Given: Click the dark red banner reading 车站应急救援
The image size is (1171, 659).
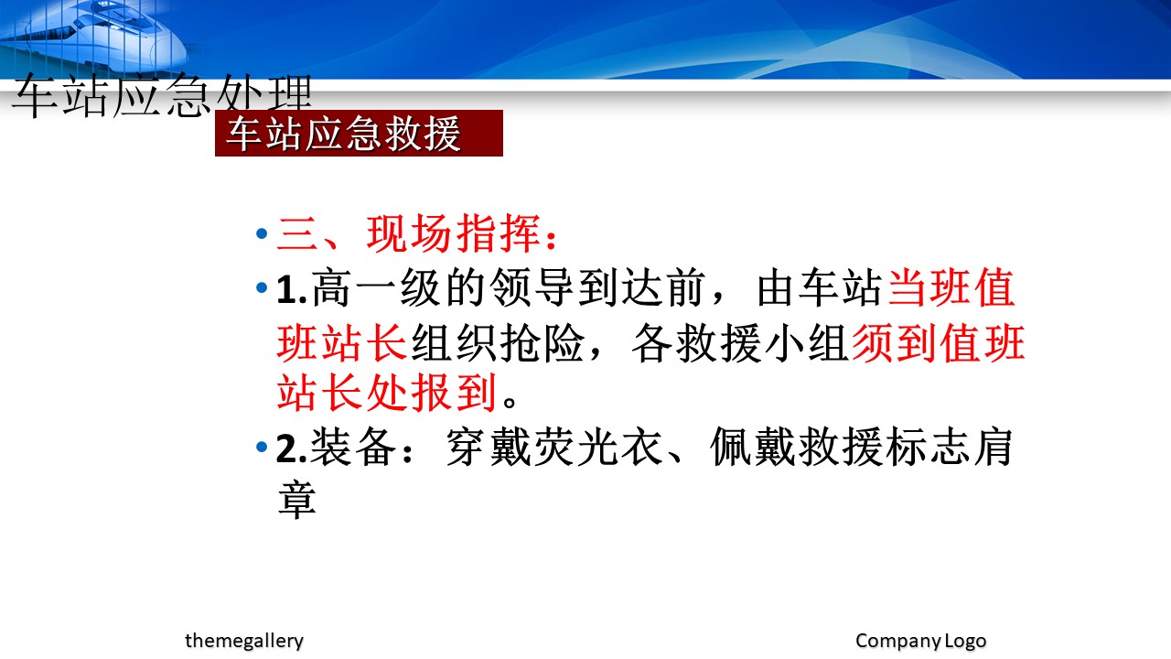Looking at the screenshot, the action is coord(359,133).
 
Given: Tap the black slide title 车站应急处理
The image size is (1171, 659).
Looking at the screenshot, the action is coord(162,96).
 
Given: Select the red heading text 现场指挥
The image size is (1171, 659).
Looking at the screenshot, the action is coord(453,233).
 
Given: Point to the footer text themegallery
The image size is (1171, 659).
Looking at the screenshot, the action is coord(244,641).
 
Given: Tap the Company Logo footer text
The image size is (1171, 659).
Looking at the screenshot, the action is coord(920,641).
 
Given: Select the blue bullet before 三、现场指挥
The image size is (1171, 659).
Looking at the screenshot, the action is coord(262,233).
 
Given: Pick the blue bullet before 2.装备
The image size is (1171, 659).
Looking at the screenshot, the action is coord(262,448).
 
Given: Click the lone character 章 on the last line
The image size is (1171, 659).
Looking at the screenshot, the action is coord(297,500).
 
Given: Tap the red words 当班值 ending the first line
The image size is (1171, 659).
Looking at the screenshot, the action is coord(951,288).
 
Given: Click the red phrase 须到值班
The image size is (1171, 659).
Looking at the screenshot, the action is coord(939,342).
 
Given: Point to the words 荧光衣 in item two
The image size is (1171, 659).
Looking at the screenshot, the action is coord(599,448).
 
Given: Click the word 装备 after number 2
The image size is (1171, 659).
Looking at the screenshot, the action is coord(353,448).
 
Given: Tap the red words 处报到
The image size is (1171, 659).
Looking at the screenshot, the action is coord(431,393).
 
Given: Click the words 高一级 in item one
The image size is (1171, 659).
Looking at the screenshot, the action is coord(376,288).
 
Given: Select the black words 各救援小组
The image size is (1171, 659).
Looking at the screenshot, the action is coord(740,342).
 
